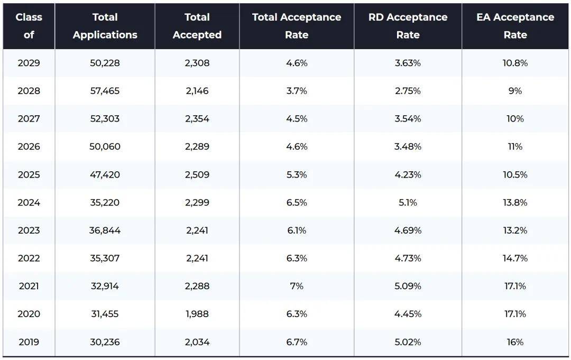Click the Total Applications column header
(105, 26)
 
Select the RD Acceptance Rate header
(408, 26)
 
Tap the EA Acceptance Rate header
(515, 26)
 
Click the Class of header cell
(29, 26)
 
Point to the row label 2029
(29, 63)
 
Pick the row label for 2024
(29, 202)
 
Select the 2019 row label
(29, 342)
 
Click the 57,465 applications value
(105, 91)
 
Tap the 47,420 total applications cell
(105, 174)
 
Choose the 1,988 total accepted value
(197, 314)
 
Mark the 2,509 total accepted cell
(197, 174)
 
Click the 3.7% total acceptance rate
(297, 91)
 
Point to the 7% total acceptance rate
(297, 286)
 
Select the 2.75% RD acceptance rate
(408, 91)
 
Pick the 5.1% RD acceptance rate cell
(408, 202)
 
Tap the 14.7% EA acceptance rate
(515, 258)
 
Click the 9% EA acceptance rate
(515, 91)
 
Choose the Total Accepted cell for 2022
(197, 258)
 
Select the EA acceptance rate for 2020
(515, 314)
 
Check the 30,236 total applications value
(105, 342)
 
